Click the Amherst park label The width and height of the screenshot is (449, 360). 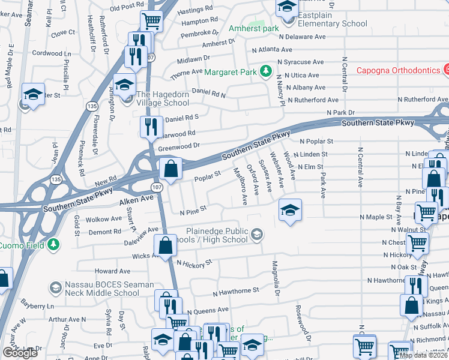point(254,29)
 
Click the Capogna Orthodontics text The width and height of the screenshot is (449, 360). point(398,70)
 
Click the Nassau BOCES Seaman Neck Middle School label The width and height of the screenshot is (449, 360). point(103,289)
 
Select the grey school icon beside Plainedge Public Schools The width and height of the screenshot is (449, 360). point(257,234)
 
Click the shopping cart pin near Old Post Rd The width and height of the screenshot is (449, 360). point(152,21)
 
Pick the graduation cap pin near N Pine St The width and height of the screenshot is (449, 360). point(290,210)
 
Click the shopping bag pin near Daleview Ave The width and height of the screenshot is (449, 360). point(165,245)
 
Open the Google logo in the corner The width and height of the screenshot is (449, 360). point(20,353)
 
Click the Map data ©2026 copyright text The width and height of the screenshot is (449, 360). point(423,355)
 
